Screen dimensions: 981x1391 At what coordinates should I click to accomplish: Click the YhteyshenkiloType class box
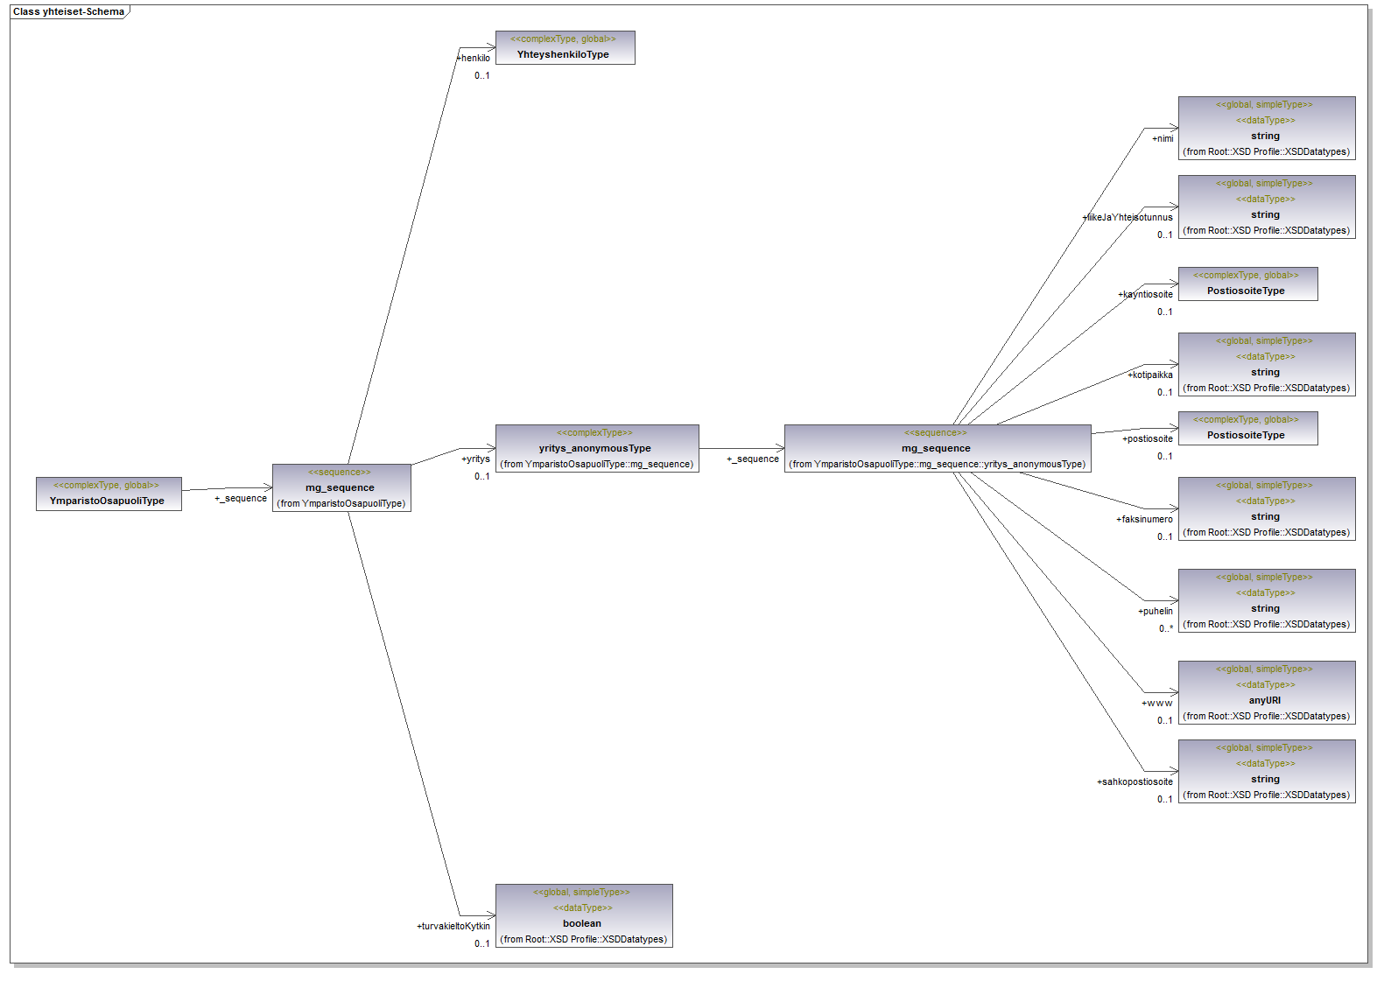(x=565, y=47)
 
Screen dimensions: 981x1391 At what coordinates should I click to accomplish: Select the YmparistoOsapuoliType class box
(x=109, y=494)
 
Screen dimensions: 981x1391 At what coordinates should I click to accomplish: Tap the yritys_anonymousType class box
(x=596, y=448)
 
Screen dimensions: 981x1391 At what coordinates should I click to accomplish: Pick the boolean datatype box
(x=583, y=915)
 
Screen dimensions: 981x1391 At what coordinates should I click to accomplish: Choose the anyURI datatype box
(x=1266, y=692)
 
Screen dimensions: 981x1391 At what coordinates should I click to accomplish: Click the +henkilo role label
(x=474, y=59)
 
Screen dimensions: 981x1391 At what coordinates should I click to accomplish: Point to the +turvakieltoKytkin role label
(x=453, y=926)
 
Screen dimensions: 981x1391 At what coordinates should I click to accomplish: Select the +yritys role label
(x=476, y=459)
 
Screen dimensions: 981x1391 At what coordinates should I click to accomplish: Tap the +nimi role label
(x=1163, y=138)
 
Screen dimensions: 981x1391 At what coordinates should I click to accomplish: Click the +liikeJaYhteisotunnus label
(x=1128, y=217)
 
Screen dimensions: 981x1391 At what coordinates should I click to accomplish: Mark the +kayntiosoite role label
(x=1146, y=294)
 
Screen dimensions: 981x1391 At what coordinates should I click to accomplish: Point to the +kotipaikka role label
(x=1150, y=375)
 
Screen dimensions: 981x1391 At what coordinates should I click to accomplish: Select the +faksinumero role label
(x=1144, y=519)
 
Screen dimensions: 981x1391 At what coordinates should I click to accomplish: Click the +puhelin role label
(x=1156, y=611)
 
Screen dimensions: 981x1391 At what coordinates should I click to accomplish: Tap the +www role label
(x=1156, y=703)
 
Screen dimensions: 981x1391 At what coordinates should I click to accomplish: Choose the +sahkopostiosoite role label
(x=1135, y=781)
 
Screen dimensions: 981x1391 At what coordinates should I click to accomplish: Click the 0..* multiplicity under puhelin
(x=1166, y=628)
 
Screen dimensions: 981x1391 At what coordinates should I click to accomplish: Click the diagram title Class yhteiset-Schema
(x=68, y=11)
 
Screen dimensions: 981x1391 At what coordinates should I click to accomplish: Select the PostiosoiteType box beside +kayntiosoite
(x=1247, y=284)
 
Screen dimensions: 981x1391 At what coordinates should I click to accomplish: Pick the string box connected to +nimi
(x=1266, y=128)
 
